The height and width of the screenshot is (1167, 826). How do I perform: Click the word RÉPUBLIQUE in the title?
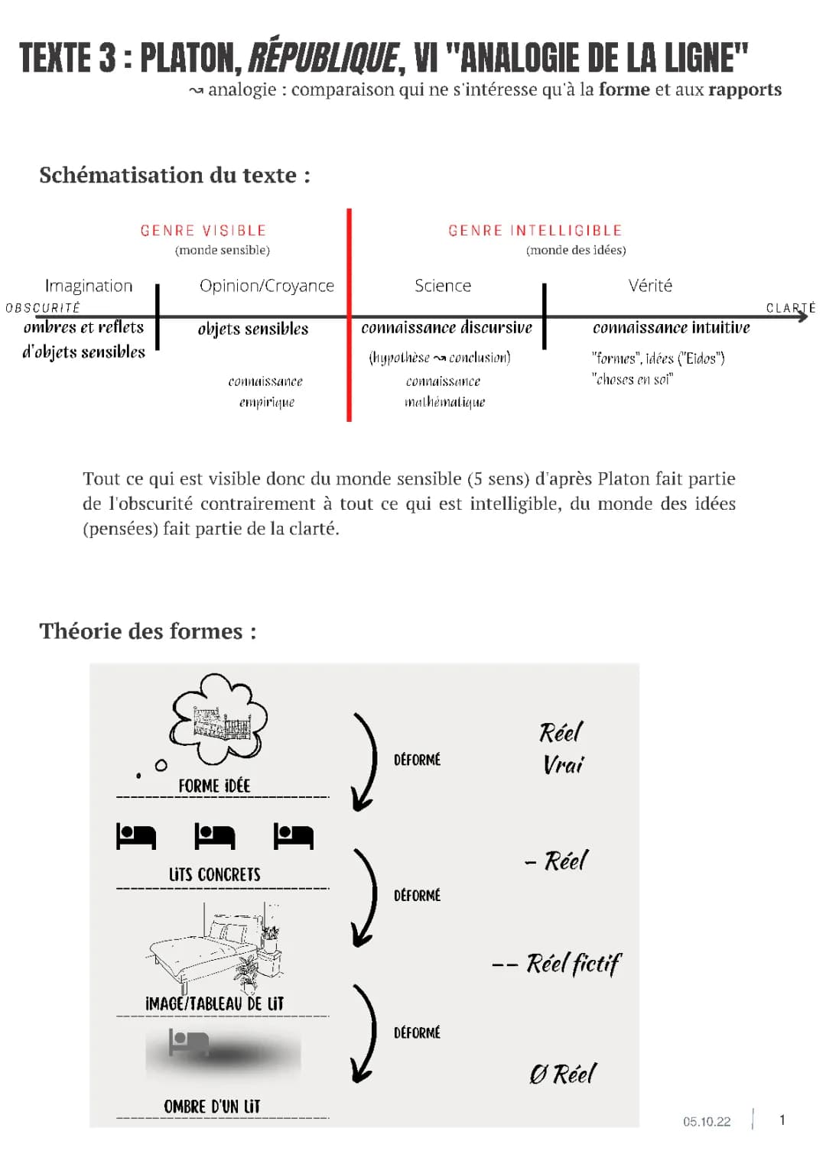pyautogui.click(x=323, y=57)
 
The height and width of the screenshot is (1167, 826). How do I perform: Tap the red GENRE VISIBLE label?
pyautogui.click(x=203, y=230)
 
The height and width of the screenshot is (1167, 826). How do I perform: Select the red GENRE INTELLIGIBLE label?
pyautogui.click(x=535, y=230)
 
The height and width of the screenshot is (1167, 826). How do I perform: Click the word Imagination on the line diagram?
pyautogui.click(x=89, y=286)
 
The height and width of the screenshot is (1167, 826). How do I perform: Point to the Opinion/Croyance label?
pyautogui.click(x=266, y=286)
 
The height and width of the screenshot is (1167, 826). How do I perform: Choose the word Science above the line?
pyautogui.click(x=442, y=286)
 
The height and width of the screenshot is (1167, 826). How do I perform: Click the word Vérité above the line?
pyautogui.click(x=649, y=286)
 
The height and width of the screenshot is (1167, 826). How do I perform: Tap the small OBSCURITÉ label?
pyautogui.click(x=43, y=308)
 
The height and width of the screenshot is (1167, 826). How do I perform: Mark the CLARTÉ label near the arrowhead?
pyautogui.click(x=790, y=308)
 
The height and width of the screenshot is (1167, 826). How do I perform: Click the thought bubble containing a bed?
pyautogui.click(x=220, y=720)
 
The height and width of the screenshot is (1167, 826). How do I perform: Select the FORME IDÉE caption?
pyautogui.click(x=214, y=786)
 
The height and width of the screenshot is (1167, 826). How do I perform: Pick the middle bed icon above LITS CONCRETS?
pyautogui.click(x=214, y=836)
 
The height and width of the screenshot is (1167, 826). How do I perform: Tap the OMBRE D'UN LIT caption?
pyautogui.click(x=212, y=1106)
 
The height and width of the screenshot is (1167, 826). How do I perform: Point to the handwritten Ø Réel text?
pyautogui.click(x=562, y=1074)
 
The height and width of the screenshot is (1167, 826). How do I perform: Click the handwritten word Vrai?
pyautogui.click(x=563, y=764)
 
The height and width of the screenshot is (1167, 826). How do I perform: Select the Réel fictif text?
pyautogui.click(x=573, y=964)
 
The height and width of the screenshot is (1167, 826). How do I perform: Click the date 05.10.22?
pyautogui.click(x=707, y=1121)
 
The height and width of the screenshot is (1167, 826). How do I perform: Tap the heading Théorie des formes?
pyautogui.click(x=148, y=631)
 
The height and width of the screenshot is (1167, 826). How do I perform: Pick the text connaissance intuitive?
pyautogui.click(x=671, y=328)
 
